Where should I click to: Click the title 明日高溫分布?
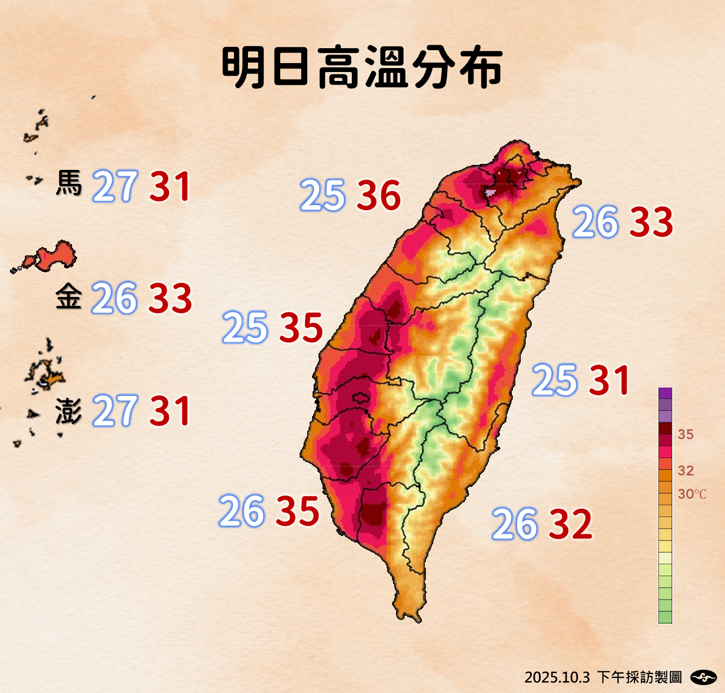tap(362, 68)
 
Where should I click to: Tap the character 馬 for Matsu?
tap(69, 184)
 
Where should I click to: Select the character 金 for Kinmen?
tap(69, 297)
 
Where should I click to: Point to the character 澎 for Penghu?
tap(69, 411)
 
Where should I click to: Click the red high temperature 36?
tap(379, 195)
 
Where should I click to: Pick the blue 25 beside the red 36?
tap(322, 195)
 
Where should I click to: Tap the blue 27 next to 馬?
tap(115, 186)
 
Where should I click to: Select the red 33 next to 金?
tap(170, 298)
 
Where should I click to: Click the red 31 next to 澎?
tap(170, 411)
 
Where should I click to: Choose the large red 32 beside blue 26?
tap(570, 524)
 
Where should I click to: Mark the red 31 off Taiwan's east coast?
tap(610, 380)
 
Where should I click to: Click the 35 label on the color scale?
tap(686, 435)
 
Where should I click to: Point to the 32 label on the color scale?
tap(686, 470)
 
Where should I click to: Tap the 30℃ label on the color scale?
tap(692, 494)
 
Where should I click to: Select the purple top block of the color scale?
tap(665, 393)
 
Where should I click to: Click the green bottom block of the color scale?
tap(665, 617)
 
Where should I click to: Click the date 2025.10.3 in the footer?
tap(557, 677)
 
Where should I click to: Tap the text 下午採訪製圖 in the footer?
tap(639, 677)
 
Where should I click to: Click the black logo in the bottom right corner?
tap(703, 677)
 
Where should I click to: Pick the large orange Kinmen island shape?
tap(55, 255)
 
